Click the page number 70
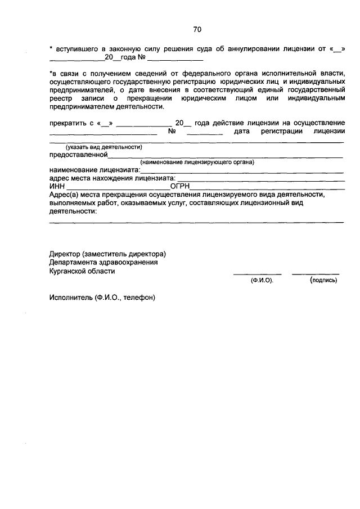click(197, 29)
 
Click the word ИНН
click(57, 186)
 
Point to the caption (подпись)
click(323, 280)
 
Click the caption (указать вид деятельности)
click(103, 146)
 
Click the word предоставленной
click(78, 154)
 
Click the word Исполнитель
click(71, 298)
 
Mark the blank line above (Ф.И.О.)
click(257, 274)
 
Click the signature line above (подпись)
click(316, 274)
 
